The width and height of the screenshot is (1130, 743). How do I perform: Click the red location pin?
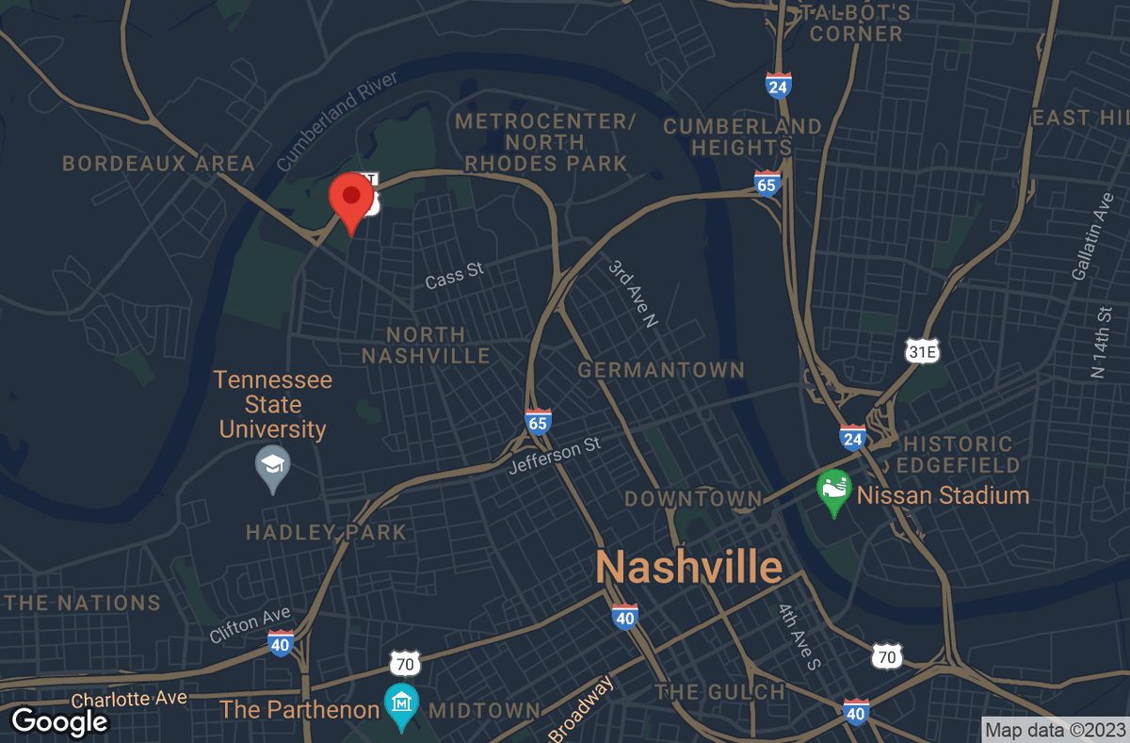(x=351, y=199)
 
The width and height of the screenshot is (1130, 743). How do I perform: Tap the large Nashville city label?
(x=689, y=567)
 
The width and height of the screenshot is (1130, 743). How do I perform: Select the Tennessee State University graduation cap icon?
(x=273, y=466)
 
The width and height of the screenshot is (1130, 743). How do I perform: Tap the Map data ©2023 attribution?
(x=1055, y=730)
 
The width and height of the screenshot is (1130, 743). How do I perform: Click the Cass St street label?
(x=454, y=275)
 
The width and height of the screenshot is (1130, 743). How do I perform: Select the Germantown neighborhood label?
(x=661, y=370)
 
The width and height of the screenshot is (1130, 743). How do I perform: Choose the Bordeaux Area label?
(x=158, y=164)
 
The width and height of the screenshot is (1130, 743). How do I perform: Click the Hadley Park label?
(x=326, y=532)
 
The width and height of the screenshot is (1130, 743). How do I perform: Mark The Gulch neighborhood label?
(x=720, y=692)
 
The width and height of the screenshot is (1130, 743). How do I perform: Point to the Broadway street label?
(x=582, y=709)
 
